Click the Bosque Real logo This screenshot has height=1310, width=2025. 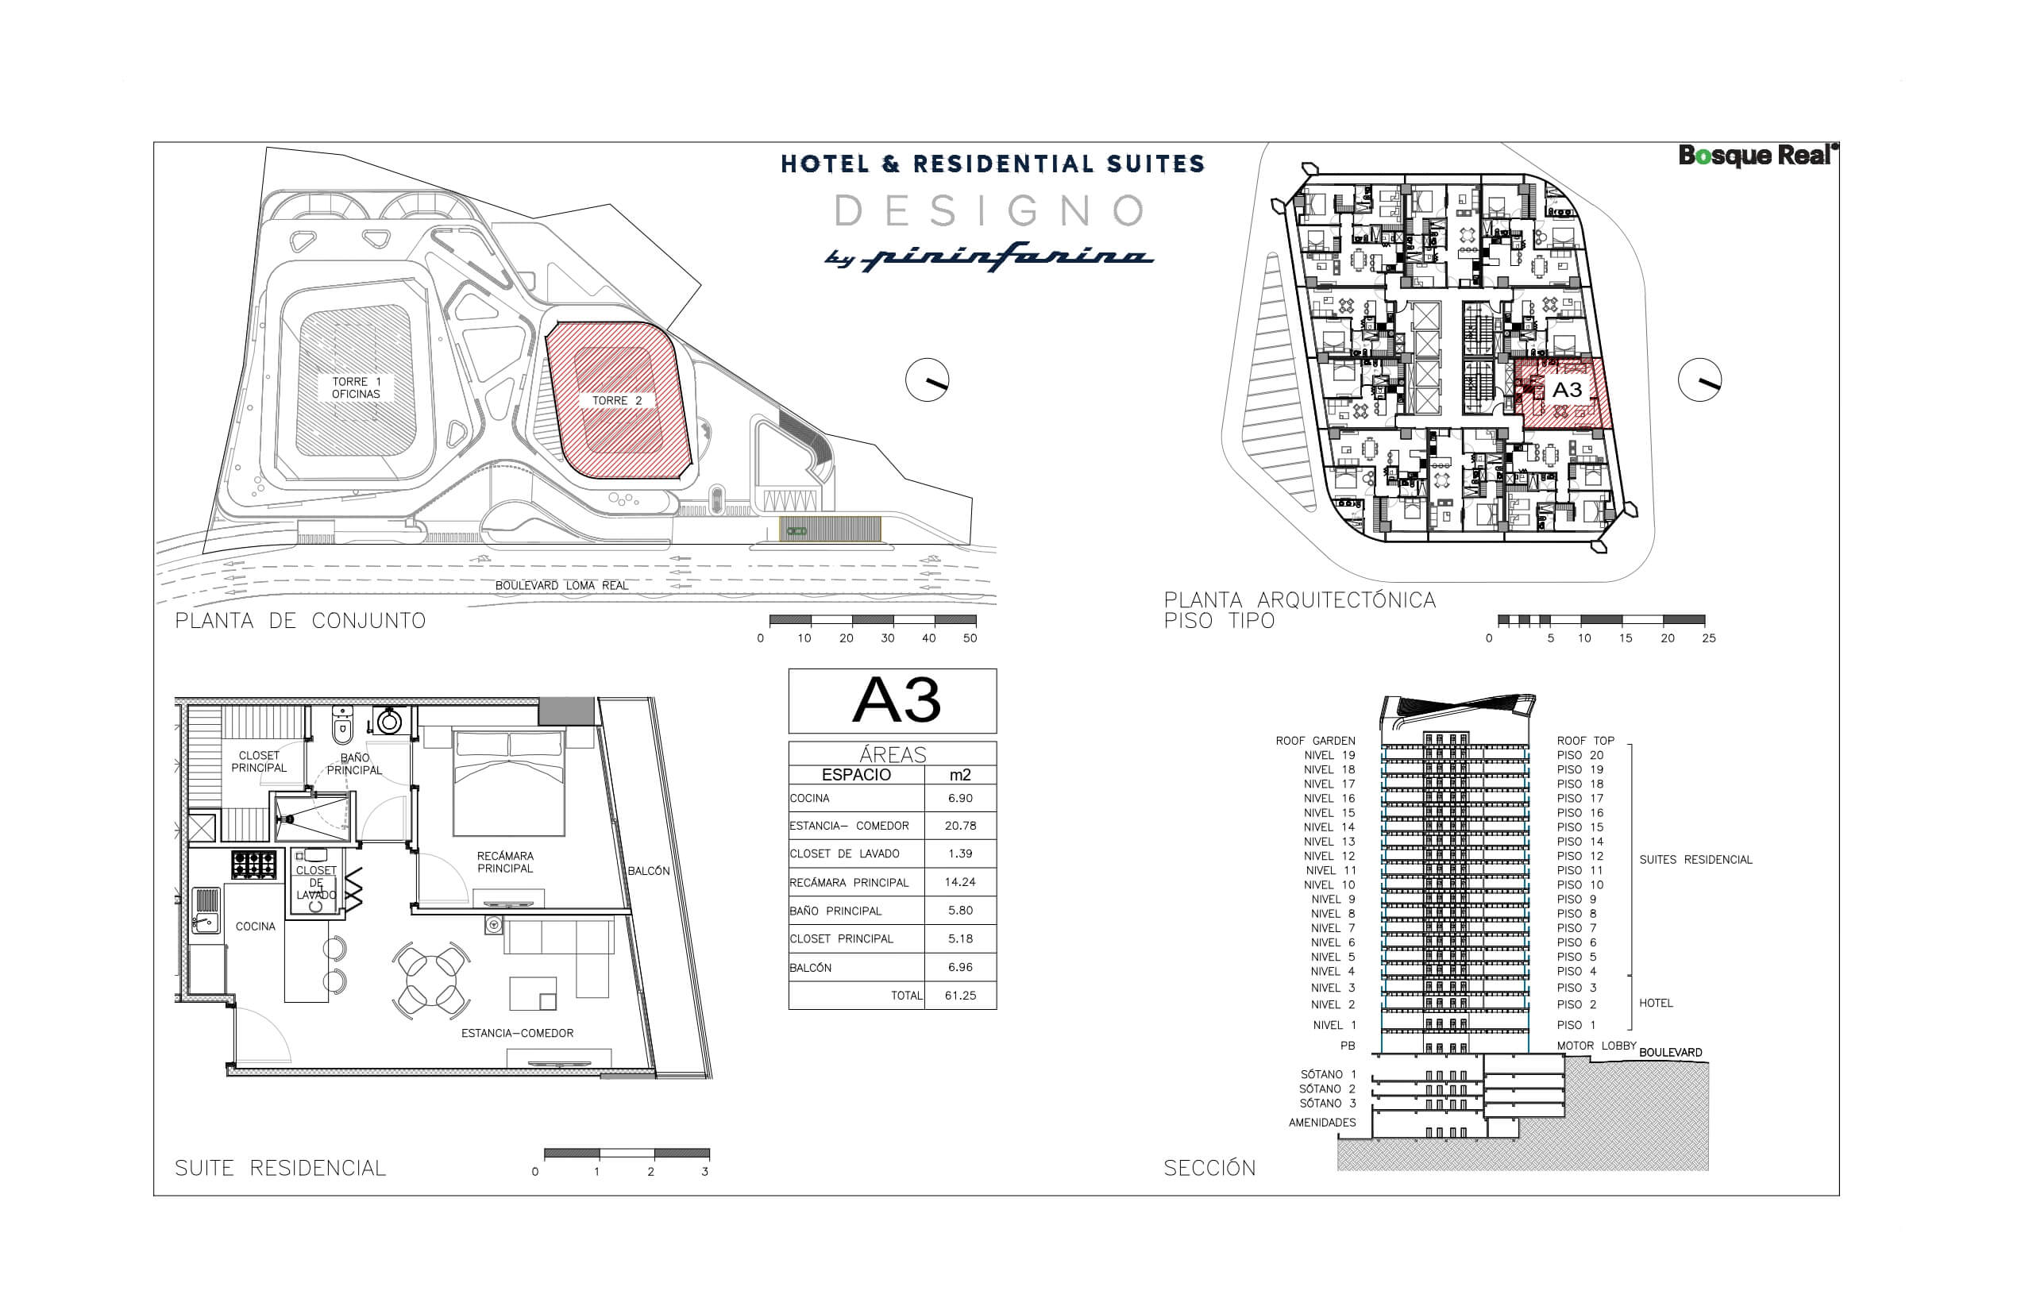pos(1758,156)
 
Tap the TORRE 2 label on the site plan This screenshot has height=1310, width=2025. pos(617,401)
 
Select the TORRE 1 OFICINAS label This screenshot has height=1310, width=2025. pos(356,388)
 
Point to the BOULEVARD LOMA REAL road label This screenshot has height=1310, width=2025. pos(561,586)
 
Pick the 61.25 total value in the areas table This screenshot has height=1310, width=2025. pos(960,996)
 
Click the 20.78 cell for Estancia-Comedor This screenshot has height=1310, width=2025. pos(960,826)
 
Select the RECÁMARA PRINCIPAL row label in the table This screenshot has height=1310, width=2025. pos(849,883)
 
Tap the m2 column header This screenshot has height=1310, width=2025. pos(960,775)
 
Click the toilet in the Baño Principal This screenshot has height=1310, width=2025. pos(342,726)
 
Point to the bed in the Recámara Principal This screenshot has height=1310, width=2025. pos(509,781)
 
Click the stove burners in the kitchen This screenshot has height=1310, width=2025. pos(254,865)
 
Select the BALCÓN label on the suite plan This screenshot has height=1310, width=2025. pos(648,871)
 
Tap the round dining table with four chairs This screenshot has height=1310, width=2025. pos(431,980)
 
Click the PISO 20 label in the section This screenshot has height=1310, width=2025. pos(1580,755)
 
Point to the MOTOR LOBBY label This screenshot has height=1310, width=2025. pos(1596,1046)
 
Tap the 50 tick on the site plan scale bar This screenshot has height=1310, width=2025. pos(970,638)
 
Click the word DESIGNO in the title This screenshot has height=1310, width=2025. pos(989,211)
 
